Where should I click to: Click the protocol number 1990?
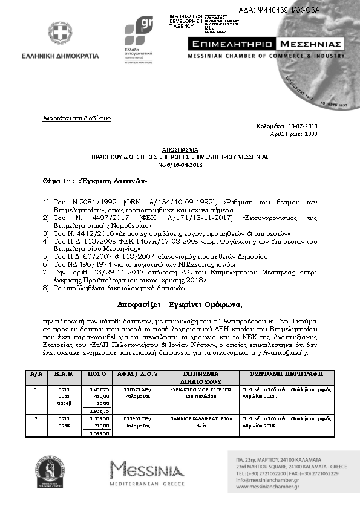311,134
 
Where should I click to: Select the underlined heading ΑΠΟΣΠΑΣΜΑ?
179,148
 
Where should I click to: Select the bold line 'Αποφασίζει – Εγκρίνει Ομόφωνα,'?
180,303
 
